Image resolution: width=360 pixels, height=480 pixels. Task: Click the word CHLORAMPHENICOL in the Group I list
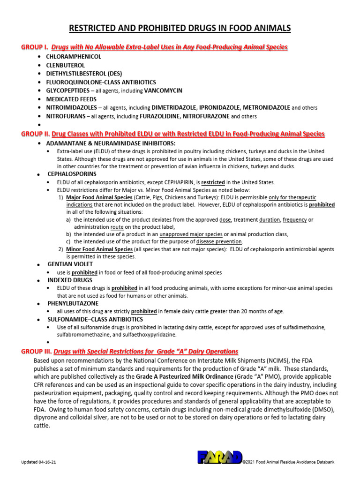tap(73, 56)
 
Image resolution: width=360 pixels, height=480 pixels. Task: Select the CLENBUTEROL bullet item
tap(65, 65)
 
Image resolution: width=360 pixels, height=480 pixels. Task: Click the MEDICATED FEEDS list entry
tap(71, 99)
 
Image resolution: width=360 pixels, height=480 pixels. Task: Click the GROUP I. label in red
tap(35, 47)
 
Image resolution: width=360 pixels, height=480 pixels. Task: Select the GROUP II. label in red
tap(36, 134)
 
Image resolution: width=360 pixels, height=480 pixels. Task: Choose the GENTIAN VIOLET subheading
tap(70, 264)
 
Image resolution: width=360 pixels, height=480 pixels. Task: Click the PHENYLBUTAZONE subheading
tap(73, 303)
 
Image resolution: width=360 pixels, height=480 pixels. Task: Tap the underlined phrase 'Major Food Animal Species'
tap(99, 197)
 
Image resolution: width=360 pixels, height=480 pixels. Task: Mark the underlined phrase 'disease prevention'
tap(222, 241)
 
